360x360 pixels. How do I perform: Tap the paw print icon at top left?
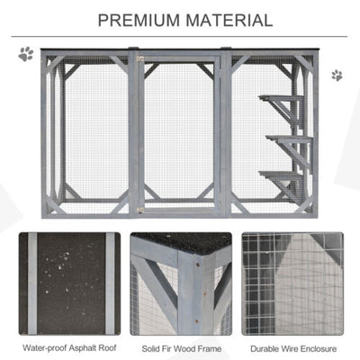pyautogui.click(x=25, y=54)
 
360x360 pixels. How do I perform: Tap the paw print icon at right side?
pyautogui.click(x=337, y=75)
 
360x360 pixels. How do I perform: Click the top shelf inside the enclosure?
pyautogui.click(x=277, y=97)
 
